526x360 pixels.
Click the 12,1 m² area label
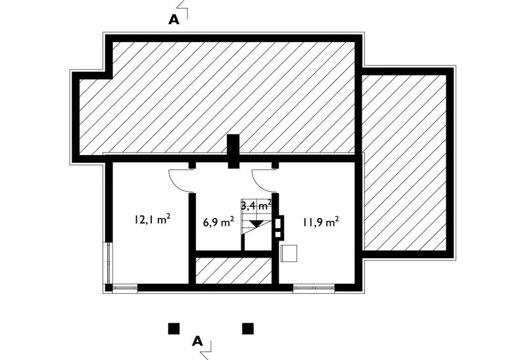pos(153,219)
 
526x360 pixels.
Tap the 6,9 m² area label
pos(218,222)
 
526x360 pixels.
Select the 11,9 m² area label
pos(321,222)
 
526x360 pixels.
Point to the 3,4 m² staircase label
pos(256,204)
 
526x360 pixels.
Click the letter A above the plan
pos(174,20)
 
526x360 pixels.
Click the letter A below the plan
pos(198,341)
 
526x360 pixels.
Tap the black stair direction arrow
pos(256,224)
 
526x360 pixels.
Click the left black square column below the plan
pos(174,329)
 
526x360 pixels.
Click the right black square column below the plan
pos(248,329)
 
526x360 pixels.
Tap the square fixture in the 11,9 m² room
pos(289,253)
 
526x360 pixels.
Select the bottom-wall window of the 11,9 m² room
pos(314,288)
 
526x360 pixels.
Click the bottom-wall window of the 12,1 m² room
pos(125,288)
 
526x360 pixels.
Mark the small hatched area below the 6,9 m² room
pos(233,271)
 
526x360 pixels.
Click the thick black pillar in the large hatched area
pos(233,151)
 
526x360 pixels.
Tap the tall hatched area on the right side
pos(405,162)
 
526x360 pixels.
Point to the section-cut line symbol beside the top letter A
pos(183,9)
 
